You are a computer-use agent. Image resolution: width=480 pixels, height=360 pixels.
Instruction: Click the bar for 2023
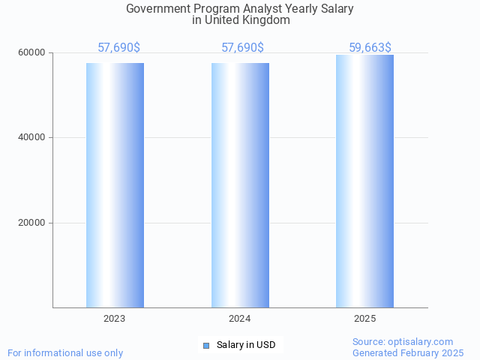pyautogui.click(x=115, y=184)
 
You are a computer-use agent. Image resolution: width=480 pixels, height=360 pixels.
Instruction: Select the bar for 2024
pyautogui.click(x=240, y=184)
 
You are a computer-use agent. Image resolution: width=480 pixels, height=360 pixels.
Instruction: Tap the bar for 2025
pyautogui.click(x=364, y=181)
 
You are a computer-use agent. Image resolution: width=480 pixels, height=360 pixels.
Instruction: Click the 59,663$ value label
pyautogui.click(x=370, y=48)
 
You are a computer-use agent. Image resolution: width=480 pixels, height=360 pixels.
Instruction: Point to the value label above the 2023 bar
pyautogui.click(x=118, y=48)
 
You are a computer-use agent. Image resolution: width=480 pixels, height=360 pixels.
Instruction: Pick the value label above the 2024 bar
pyautogui.click(x=242, y=48)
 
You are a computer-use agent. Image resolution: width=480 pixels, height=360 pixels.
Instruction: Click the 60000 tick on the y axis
pyautogui.click(x=32, y=52)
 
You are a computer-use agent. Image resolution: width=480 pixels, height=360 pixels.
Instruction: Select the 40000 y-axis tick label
pyautogui.click(x=32, y=137)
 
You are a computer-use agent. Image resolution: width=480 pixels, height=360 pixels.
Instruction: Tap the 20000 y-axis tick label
pyautogui.click(x=32, y=223)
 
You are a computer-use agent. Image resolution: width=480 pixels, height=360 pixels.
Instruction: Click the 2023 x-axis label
pyautogui.click(x=115, y=319)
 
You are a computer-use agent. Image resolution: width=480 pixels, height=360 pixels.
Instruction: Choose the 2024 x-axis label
pyautogui.click(x=240, y=319)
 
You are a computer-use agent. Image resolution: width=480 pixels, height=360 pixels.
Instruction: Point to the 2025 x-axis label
pyautogui.click(x=364, y=319)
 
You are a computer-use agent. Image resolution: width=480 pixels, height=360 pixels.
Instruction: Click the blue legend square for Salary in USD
pyautogui.click(x=206, y=345)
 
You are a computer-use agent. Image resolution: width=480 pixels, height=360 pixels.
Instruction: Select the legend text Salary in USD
pyautogui.click(x=246, y=345)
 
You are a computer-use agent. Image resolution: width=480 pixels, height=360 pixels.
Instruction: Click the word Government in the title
pyautogui.click(x=157, y=9)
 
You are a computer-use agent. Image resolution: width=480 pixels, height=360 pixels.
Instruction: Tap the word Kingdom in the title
pyautogui.click(x=268, y=20)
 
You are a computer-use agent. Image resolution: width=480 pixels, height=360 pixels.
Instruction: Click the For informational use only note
pyautogui.click(x=65, y=352)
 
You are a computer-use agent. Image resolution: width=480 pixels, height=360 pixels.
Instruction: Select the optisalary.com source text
pyautogui.click(x=423, y=342)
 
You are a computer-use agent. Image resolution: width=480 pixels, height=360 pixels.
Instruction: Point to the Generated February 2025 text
pyautogui.click(x=408, y=352)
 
